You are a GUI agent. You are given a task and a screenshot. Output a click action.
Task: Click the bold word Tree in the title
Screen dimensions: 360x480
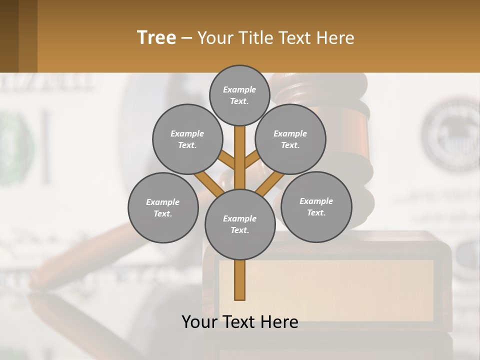click(156, 37)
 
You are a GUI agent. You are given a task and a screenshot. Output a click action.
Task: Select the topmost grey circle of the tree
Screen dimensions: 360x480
click(239, 95)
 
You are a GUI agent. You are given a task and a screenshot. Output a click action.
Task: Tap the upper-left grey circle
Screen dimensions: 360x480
click(187, 139)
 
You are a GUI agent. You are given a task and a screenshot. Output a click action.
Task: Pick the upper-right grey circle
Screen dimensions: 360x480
click(290, 139)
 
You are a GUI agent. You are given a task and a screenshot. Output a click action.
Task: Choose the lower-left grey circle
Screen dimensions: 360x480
click(163, 207)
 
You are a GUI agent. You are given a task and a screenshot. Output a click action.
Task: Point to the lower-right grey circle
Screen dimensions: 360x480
click(316, 206)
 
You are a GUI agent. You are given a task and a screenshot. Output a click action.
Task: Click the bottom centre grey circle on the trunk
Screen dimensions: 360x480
click(240, 224)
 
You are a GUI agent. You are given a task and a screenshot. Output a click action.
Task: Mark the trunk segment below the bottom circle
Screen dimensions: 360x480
click(240, 280)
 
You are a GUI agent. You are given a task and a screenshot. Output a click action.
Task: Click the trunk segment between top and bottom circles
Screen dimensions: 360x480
click(240, 157)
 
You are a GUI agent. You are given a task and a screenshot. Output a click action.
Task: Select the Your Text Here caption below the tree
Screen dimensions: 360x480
click(240, 322)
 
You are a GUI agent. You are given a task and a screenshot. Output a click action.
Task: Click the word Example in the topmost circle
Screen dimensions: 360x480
click(239, 89)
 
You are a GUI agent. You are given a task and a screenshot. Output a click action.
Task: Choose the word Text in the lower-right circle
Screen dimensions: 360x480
click(316, 212)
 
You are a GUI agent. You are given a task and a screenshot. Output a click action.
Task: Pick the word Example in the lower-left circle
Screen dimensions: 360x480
click(163, 202)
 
